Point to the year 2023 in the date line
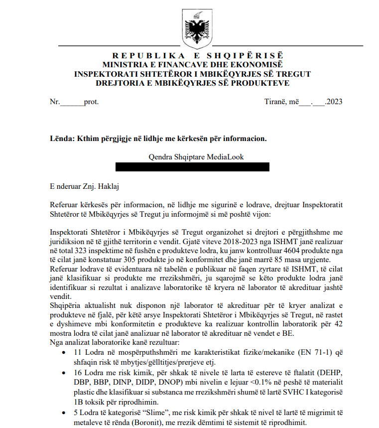click(333, 102)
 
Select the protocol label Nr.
click(55, 102)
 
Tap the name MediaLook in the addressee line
click(225, 157)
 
